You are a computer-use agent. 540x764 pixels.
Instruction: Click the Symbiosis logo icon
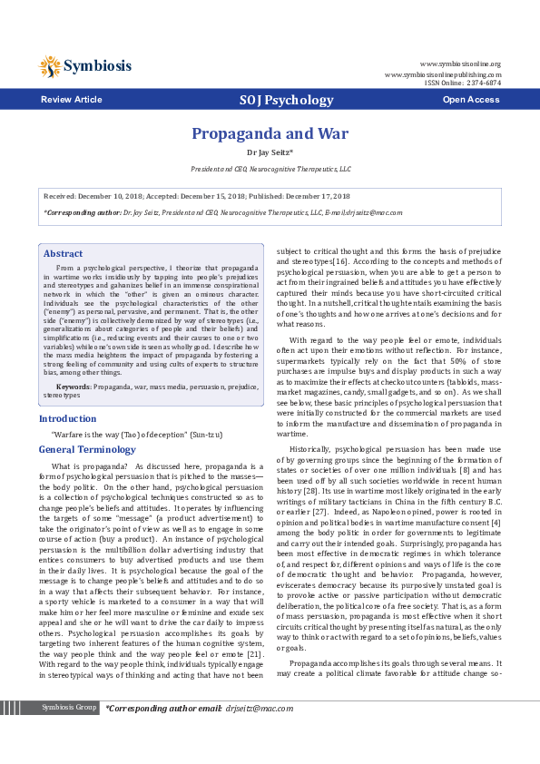click(x=50, y=65)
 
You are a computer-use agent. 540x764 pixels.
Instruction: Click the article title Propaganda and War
click(x=270, y=133)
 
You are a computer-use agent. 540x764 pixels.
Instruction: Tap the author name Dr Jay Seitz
click(x=270, y=153)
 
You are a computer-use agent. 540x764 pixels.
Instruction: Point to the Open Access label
click(x=470, y=99)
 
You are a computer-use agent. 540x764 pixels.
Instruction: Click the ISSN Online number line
click(x=463, y=83)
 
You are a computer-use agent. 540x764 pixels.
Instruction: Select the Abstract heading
click(x=64, y=253)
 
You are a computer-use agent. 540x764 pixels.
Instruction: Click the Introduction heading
click(x=68, y=418)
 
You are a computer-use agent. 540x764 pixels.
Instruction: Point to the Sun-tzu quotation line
click(x=136, y=435)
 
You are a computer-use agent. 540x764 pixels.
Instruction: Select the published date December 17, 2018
click(x=310, y=196)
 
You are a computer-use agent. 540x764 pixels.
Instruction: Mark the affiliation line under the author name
click(x=270, y=169)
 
